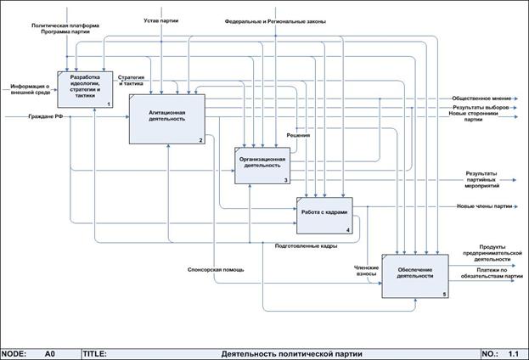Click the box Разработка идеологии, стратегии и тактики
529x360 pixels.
coord(85,87)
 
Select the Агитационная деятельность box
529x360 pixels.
coord(166,119)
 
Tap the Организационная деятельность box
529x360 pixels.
coord(262,165)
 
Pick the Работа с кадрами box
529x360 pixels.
coord(323,216)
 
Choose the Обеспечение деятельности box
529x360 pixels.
coord(414,275)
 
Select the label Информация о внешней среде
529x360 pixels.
coord(31,89)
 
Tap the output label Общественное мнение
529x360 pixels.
coord(481,98)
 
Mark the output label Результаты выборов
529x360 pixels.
coord(481,108)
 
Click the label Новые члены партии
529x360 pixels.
coord(484,206)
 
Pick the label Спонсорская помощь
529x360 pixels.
coord(216,270)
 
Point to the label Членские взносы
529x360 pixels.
coord(365,269)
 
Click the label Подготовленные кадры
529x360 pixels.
coord(307,246)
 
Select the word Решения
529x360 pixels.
coord(297,134)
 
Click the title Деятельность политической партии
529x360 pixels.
coord(280,352)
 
